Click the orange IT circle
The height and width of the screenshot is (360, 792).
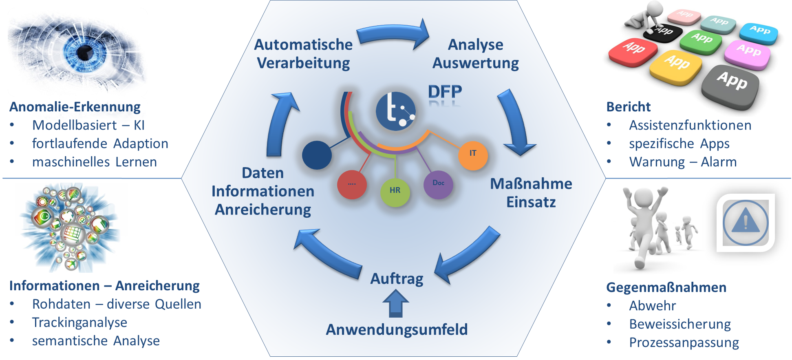tap(473, 155)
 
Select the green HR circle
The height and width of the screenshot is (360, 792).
tap(395, 192)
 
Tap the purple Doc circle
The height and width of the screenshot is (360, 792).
tap(439, 184)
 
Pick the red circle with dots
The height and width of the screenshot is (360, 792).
tap(352, 185)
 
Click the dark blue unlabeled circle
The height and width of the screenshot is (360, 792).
tap(317, 155)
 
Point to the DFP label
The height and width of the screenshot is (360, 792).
tap(445, 92)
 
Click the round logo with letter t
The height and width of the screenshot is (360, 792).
tap(395, 111)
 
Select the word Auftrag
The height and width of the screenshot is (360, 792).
tap(397, 279)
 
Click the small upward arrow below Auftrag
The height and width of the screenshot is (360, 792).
tap(396, 304)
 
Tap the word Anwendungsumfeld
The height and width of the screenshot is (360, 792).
tap(397, 329)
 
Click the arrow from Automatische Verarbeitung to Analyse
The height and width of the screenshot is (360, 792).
tap(393, 34)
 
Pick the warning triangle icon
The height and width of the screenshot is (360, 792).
tap(746, 222)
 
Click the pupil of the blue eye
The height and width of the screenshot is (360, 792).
tap(84, 52)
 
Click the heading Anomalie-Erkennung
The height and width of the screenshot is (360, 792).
tap(75, 107)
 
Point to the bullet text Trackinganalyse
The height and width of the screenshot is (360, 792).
tap(79, 322)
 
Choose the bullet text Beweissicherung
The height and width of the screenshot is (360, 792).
tap(680, 324)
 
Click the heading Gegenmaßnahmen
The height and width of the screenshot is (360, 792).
tap(666, 287)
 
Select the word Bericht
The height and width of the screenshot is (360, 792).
tap(628, 107)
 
